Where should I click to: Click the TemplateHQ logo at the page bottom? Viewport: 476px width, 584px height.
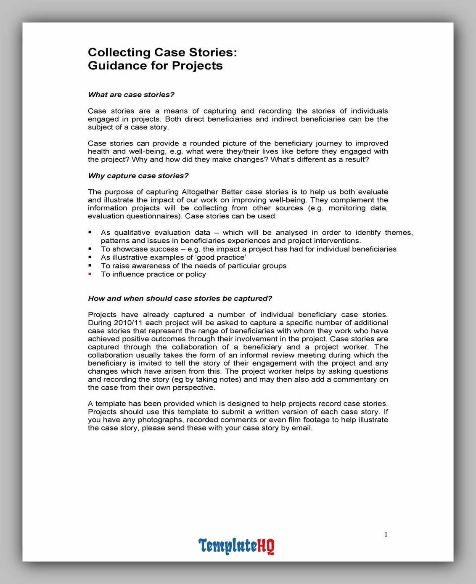click(x=236, y=546)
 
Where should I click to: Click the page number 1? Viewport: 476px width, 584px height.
click(x=386, y=535)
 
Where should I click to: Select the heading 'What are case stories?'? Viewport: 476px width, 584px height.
click(x=131, y=95)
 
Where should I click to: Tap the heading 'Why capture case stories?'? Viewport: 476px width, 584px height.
click(x=138, y=175)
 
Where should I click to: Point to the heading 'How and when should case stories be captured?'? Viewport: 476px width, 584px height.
click(x=180, y=298)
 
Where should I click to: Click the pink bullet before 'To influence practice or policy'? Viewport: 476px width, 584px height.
click(x=90, y=274)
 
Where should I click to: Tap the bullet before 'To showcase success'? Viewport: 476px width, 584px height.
click(x=90, y=249)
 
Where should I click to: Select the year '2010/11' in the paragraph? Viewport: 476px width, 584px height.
click(x=127, y=323)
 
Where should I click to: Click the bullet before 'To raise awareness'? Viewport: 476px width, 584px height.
click(x=90, y=266)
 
